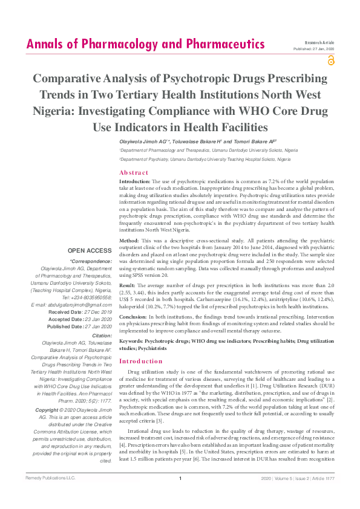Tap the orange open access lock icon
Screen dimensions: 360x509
click(330, 60)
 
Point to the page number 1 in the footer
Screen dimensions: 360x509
click(180, 496)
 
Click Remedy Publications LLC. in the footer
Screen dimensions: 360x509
click(49, 496)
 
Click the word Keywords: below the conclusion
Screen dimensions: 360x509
click(134, 341)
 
